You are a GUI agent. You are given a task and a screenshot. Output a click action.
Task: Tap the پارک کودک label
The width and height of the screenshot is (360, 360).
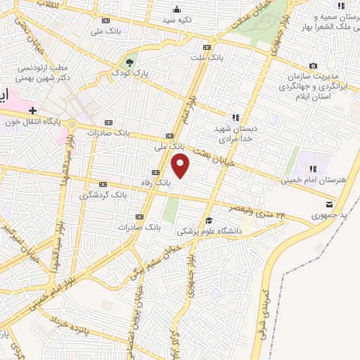click(x=129, y=72)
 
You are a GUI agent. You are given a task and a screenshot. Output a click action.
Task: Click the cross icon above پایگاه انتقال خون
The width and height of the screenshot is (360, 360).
click(x=33, y=110)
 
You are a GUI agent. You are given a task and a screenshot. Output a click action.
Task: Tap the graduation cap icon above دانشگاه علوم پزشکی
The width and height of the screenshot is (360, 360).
click(x=208, y=220)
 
